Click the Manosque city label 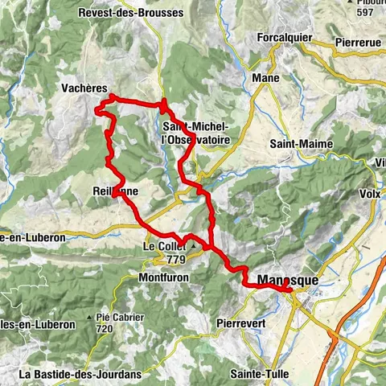click(288, 281)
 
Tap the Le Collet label click(161, 246)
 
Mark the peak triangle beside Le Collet click(193, 246)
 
